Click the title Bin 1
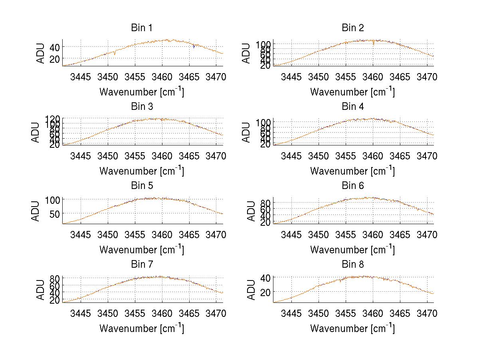[x=142, y=28]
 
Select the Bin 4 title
[x=353, y=107]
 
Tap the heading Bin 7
[x=142, y=265]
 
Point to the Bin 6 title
[x=353, y=186]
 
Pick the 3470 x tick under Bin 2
[x=428, y=77]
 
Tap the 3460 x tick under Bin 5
[x=162, y=234]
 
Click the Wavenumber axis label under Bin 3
[x=142, y=171]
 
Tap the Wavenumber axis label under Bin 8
[x=353, y=328]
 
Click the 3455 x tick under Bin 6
[x=346, y=234]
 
